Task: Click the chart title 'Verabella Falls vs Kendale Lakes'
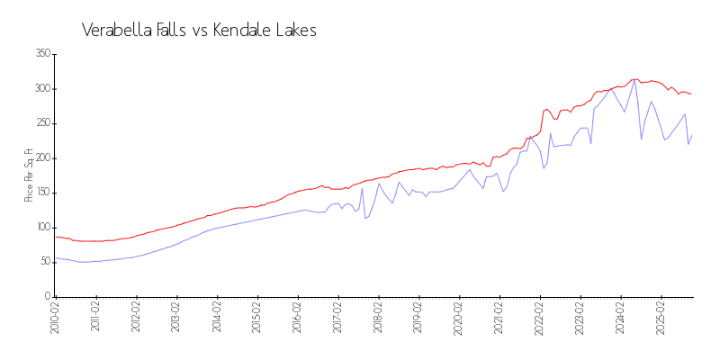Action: (x=199, y=31)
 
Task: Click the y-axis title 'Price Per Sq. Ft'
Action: (x=29, y=175)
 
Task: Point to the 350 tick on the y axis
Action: (x=41, y=54)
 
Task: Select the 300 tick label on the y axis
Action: (x=41, y=89)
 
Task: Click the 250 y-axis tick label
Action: (x=41, y=123)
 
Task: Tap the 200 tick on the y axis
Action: (x=41, y=158)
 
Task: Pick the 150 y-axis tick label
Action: (x=41, y=193)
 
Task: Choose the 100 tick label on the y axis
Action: (x=41, y=228)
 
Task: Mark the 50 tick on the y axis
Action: (x=43, y=262)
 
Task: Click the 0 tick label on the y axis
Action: (x=46, y=297)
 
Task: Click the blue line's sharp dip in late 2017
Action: (x=365, y=218)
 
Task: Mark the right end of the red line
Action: (x=691, y=94)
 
